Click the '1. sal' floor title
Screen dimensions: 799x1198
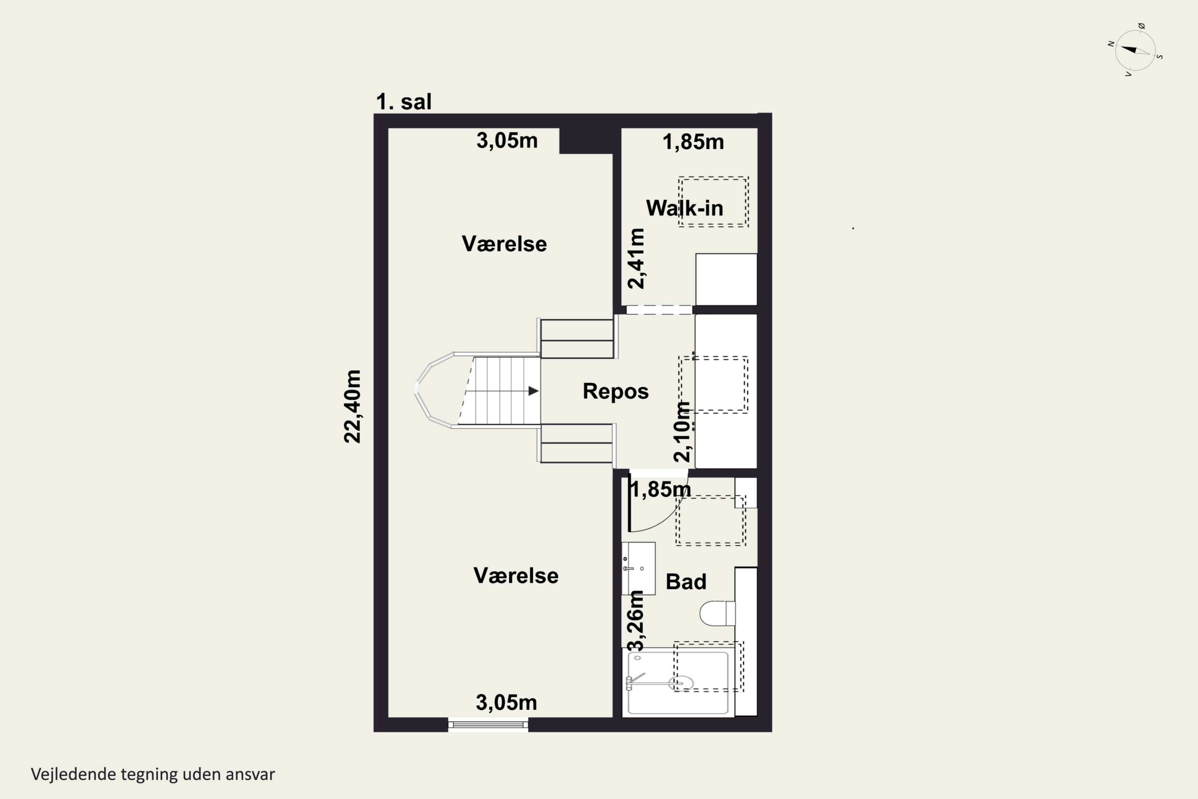(403, 101)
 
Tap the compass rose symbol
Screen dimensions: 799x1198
(1135, 50)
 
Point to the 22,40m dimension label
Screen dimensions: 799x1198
(353, 406)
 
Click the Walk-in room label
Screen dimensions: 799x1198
(684, 208)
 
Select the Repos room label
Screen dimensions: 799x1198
(615, 392)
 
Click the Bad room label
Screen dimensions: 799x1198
(686, 581)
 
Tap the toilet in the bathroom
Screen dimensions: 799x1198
(717, 613)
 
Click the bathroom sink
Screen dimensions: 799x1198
(638, 568)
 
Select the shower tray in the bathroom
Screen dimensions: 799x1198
(677, 683)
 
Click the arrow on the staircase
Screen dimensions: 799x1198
(533, 391)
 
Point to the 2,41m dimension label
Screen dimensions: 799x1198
(636, 258)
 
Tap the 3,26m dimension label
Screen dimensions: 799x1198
(636, 621)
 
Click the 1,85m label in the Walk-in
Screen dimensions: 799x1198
(693, 142)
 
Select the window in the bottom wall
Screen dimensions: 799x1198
(488, 724)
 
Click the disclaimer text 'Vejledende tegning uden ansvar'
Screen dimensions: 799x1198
(153, 774)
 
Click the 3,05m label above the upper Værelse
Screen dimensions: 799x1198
(507, 140)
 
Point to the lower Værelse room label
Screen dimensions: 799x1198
(516, 575)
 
